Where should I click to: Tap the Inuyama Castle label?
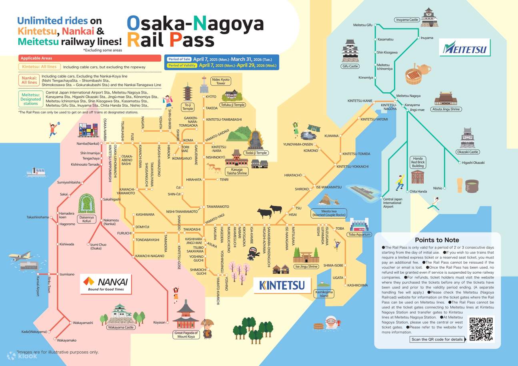click(x=407, y=20)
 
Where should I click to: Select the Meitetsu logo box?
click(x=464, y=49)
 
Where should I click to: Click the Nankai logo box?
click(x=106, y=283)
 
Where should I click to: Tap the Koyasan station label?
click(x=159, y=322)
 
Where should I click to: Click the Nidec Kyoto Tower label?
click(x=221, y=82)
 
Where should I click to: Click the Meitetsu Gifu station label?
click(x=362, y=25)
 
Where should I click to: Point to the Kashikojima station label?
click(x=357, y=285)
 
